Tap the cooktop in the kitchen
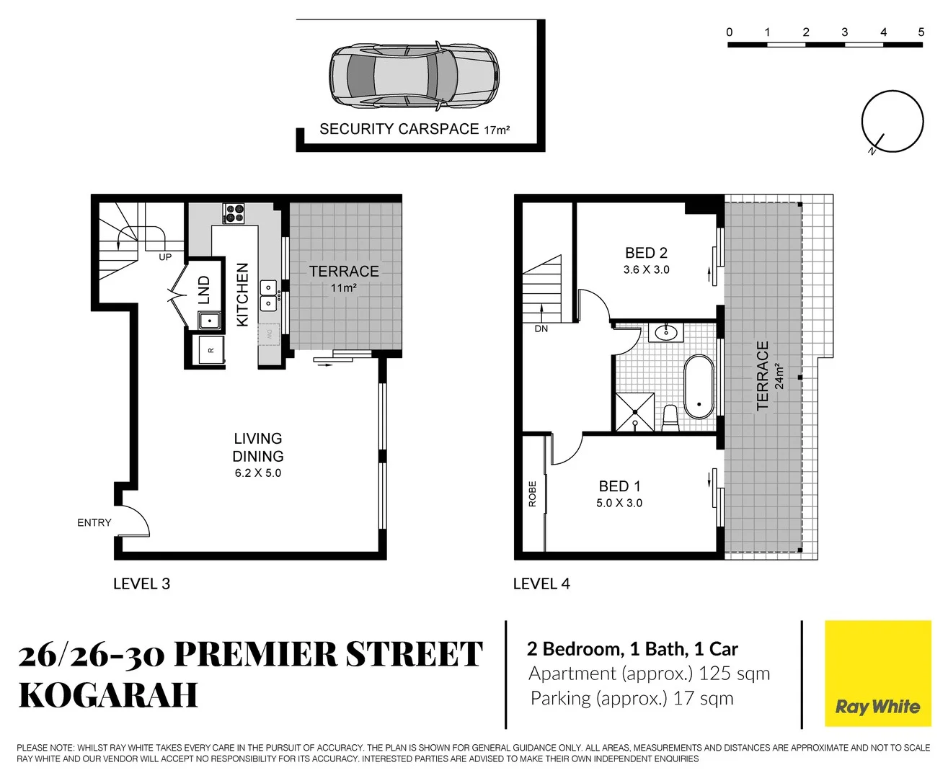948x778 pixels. coord(234,213)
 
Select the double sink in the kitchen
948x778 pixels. coord(267,295)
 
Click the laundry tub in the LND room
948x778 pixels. coord(210,320)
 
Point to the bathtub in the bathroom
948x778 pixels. coord(698,386)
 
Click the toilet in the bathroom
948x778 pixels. coord(670,418)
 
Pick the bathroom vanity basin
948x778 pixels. coord(666,333)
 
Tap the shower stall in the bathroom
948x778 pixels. coord(634,412)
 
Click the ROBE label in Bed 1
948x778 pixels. coord(533,493)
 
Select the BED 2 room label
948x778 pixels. coord(646,253)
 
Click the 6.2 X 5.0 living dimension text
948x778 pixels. coord(258,473)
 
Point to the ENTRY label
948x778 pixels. coord(94,522)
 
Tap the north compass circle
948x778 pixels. coord(892,121)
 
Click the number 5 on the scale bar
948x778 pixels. coord(921,32)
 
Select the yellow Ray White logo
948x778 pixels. coord(877,674)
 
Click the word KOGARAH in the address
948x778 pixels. coord(108,694)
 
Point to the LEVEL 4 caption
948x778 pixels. coord(541,583)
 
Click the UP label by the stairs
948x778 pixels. coord(165,257)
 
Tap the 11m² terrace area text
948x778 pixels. coord(344,288)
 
